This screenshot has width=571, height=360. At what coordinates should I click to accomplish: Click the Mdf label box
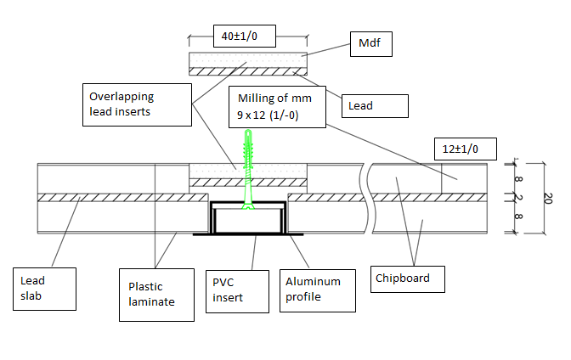371,44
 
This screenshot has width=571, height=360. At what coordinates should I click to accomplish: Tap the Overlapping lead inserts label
136,104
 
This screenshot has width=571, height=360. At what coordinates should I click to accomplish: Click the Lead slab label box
48,289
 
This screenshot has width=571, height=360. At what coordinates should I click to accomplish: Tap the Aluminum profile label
313,289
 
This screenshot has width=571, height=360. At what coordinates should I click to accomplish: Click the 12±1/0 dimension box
461,149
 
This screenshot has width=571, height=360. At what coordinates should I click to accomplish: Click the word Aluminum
313,281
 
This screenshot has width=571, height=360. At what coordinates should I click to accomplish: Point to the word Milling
256,98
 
